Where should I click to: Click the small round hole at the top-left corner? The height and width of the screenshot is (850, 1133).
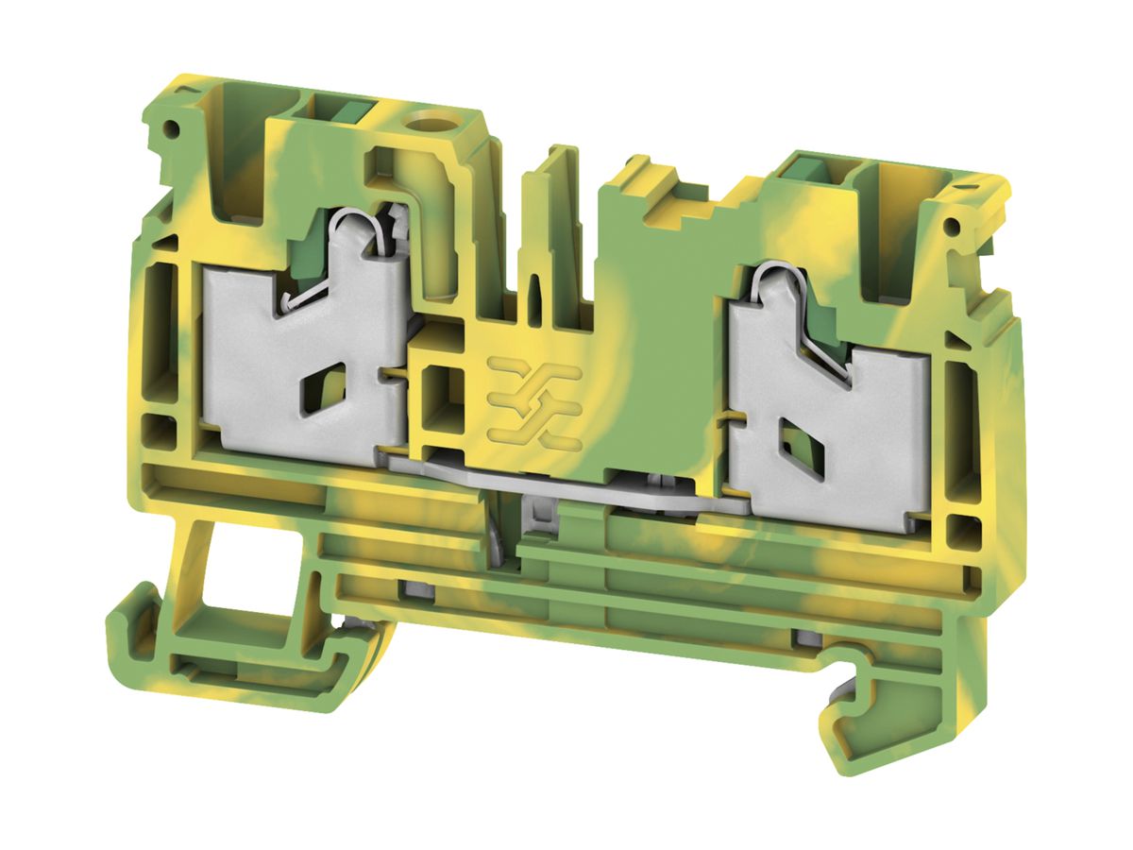172,128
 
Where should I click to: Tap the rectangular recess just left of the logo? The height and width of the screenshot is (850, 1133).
441,397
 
